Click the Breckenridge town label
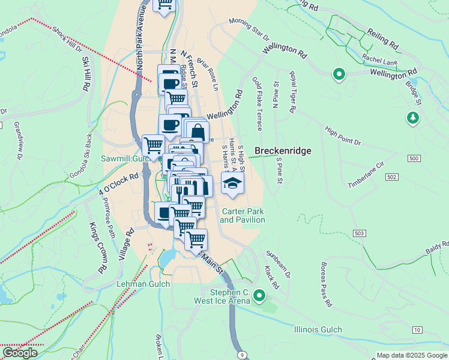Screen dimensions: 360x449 (283, 151)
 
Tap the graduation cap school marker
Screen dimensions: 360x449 (233, 183)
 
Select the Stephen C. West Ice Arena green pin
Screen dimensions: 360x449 (259, 295)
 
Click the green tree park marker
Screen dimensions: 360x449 (413, 118)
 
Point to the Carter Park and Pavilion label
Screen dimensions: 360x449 (243, 215)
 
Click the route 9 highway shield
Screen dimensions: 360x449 (241, 355)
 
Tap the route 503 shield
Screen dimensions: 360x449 (360, 233)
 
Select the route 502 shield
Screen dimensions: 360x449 (391, 178)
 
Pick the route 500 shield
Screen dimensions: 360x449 (413, 158)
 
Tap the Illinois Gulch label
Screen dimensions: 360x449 (318, 329)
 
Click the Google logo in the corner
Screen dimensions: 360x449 (19, 353)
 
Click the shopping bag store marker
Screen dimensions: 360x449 (197, 131)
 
